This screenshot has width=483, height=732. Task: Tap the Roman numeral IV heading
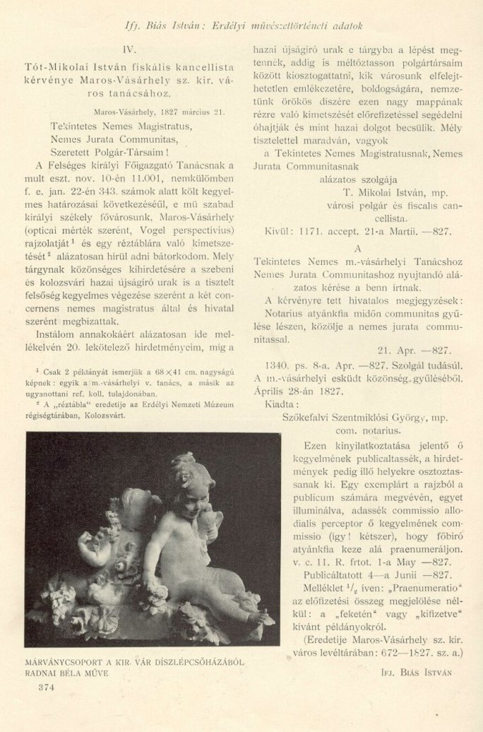[129, 51]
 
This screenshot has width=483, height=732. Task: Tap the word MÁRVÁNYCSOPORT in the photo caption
[65, 663]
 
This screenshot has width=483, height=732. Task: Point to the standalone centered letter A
[357, 249]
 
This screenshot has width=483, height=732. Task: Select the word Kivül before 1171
[270, 230]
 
